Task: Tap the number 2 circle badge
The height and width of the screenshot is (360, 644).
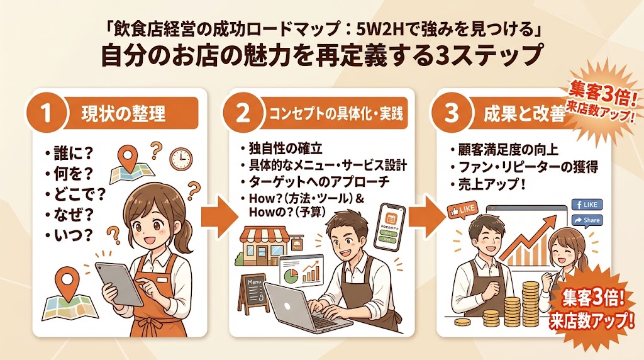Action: (x=241, y=114)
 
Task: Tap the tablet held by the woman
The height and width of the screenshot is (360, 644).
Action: (x=122, y=284)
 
